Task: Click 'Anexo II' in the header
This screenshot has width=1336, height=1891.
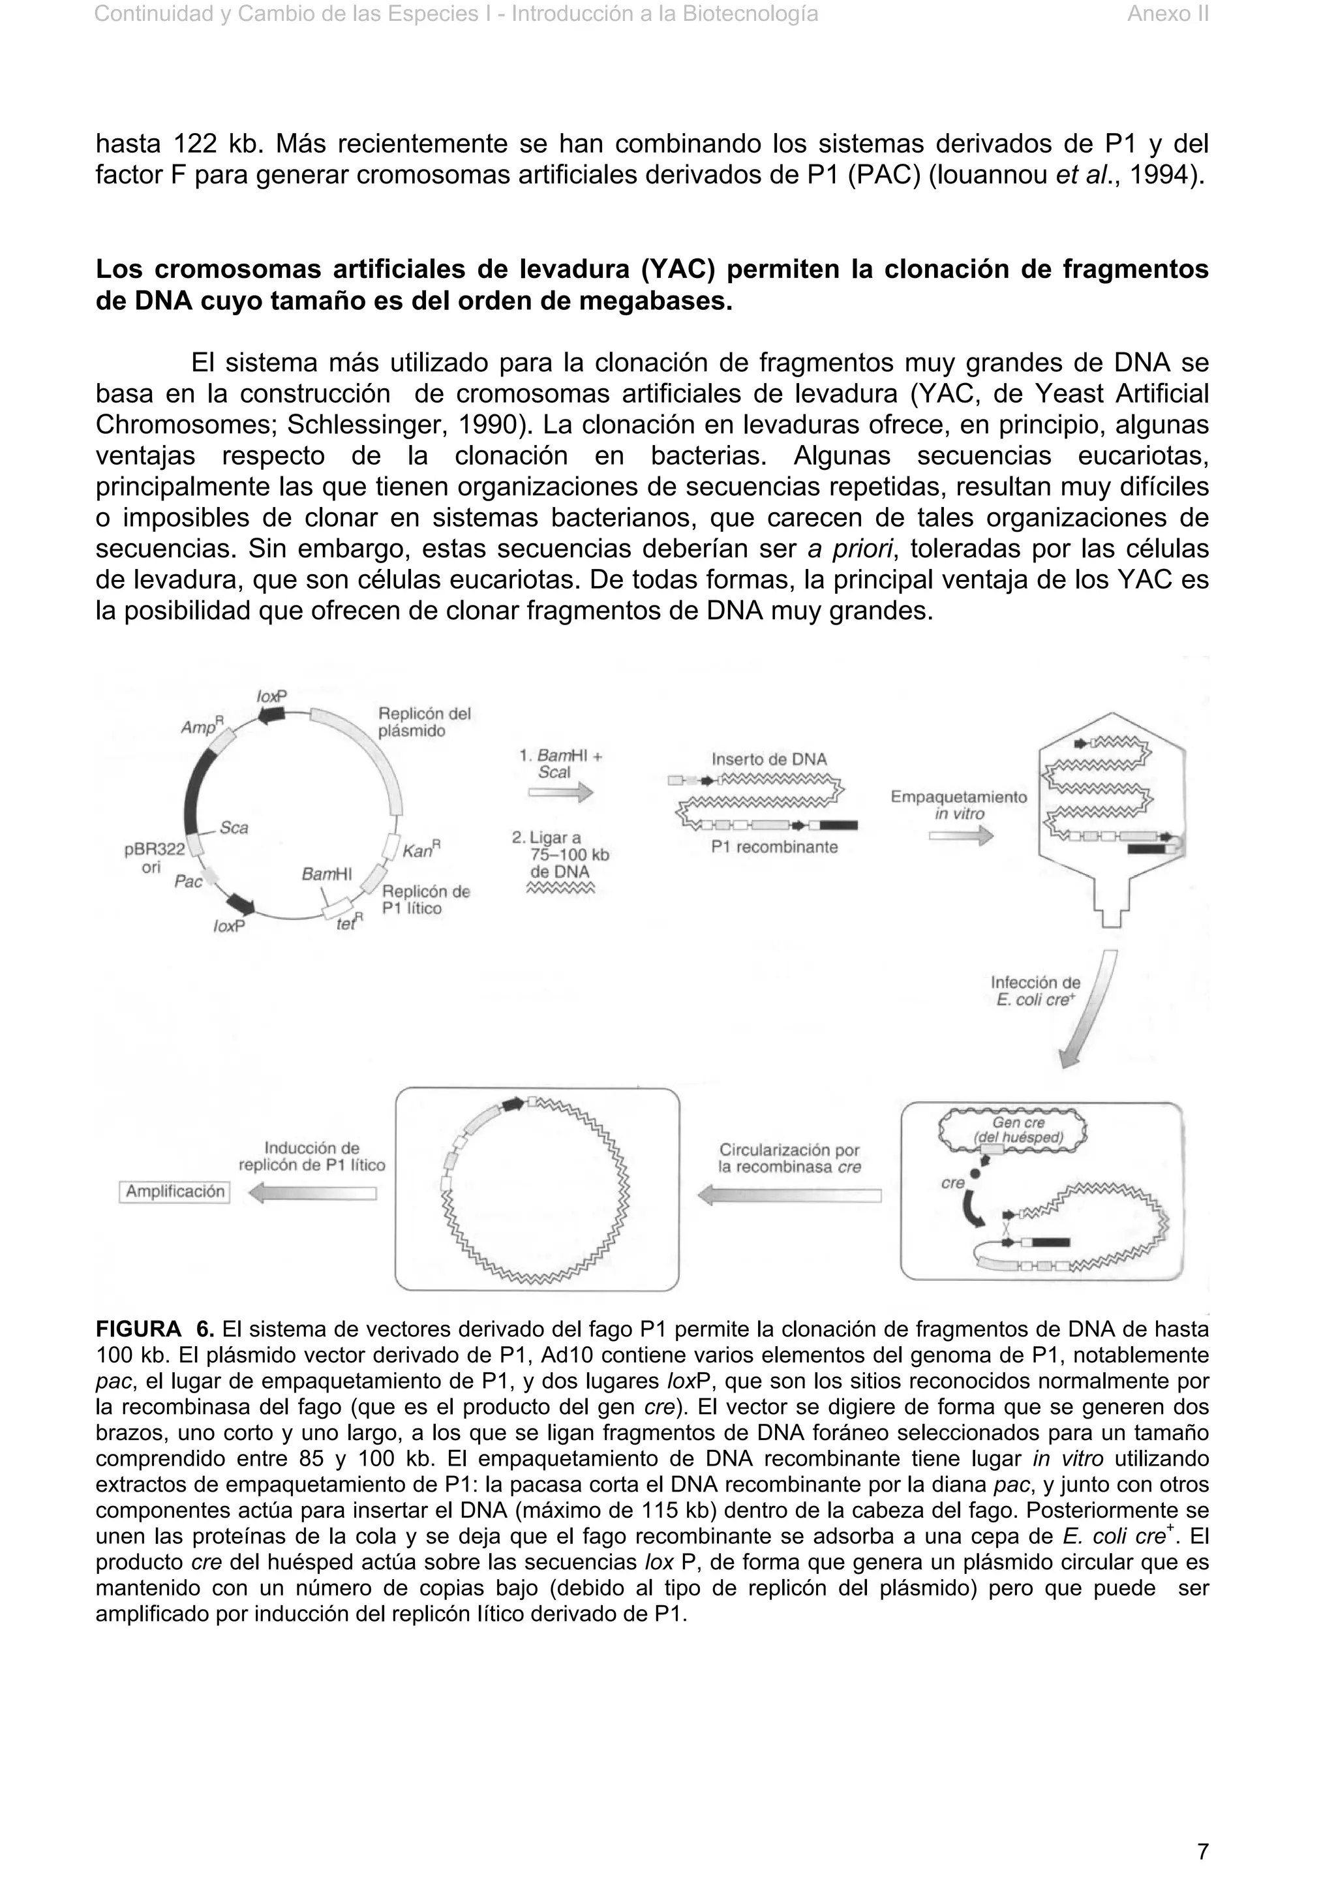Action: (x=1166, y=14)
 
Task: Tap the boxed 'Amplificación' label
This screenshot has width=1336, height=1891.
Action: (x=175, y=1191)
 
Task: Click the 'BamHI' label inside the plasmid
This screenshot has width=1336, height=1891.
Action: (x=326, y=874)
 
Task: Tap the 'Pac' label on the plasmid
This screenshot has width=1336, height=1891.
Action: (x=189, y=882)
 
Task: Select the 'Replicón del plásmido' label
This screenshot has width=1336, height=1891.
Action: (x=423, y=722)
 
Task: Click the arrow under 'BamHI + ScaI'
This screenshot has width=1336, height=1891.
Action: (x=560, y=792)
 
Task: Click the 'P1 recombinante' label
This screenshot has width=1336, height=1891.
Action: (x=774, y=848)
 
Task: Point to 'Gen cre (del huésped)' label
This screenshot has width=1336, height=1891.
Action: (x=1018, y=1130)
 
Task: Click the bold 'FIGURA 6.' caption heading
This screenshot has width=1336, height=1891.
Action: (x=155, y=1329)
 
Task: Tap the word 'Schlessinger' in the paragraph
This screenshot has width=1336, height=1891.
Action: (x=365, y=425)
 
